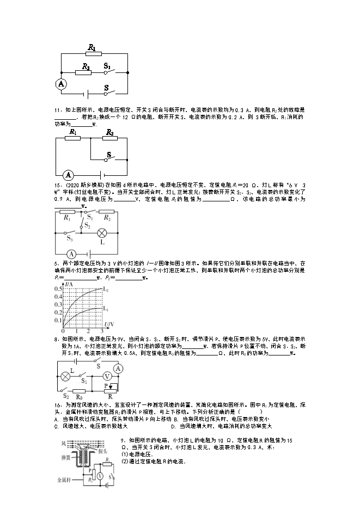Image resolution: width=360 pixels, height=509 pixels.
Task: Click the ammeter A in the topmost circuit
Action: click(62, 84)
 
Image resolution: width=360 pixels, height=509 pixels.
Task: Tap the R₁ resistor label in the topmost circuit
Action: click(91, 48)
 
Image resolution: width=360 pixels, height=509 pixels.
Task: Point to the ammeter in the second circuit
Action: click(68, 175)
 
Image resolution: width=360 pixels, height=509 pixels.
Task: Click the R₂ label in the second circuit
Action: click(109, 132)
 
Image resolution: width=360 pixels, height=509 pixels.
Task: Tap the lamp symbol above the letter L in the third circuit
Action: click(101, 232)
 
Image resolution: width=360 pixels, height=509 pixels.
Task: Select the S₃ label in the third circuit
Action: click(69, 238)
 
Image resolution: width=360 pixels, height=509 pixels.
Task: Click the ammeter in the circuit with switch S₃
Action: click(71, 254)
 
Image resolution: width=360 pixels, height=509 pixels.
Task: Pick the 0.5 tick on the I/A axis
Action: click(58, 288)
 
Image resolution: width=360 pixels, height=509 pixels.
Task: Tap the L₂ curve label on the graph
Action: click(106, 288)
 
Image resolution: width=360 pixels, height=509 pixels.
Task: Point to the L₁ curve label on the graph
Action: click(106, 308)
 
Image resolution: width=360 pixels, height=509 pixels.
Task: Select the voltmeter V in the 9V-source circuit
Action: click(107, 376)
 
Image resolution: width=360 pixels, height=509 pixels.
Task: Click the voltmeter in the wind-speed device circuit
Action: click(100, 475)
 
